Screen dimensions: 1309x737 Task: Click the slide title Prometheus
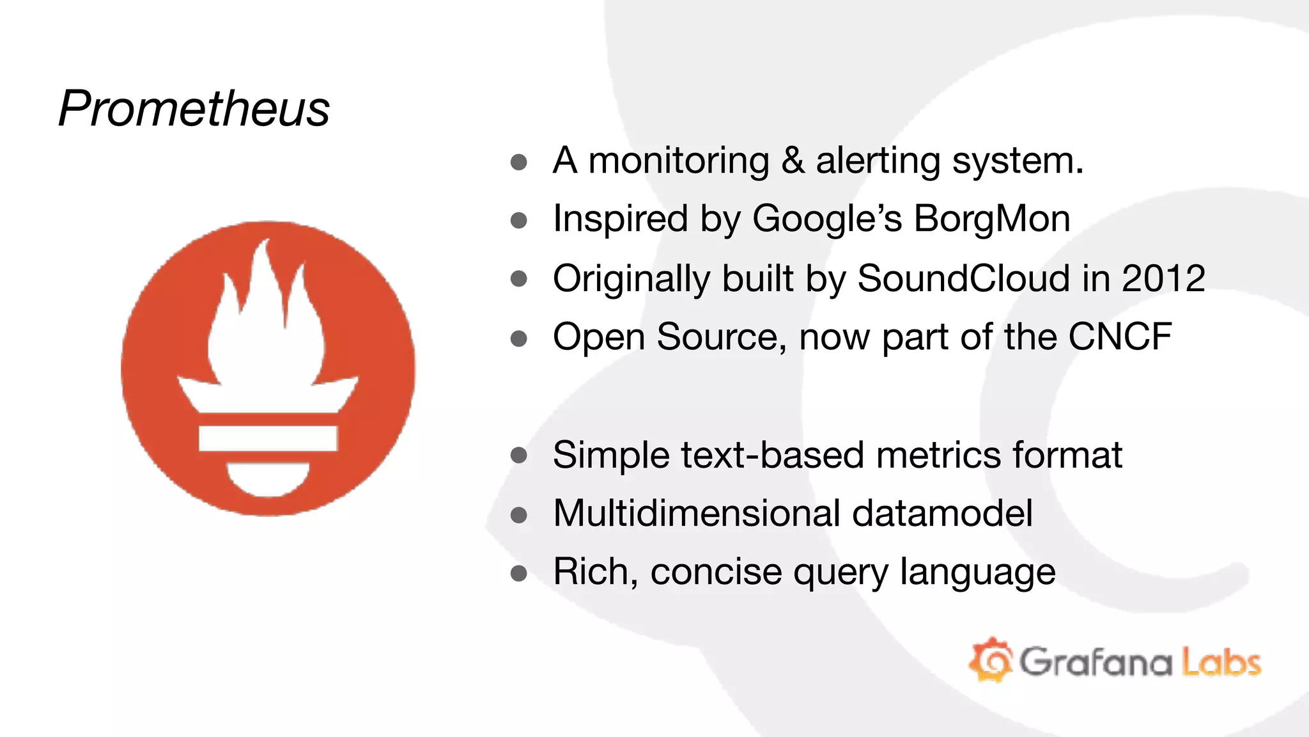194,109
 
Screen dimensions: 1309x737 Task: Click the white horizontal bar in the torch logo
268,438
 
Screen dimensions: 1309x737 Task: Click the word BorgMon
992,219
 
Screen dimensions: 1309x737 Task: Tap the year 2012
1163,278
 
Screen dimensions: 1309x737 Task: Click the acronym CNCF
1120,337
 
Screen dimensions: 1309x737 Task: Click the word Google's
827,219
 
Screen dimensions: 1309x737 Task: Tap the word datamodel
942,513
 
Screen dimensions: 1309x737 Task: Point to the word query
840,572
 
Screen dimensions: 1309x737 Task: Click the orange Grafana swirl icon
991,660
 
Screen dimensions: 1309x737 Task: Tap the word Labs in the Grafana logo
1221,662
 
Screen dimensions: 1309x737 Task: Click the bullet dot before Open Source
519,338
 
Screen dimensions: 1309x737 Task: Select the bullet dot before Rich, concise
519,573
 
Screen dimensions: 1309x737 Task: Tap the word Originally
631,278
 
